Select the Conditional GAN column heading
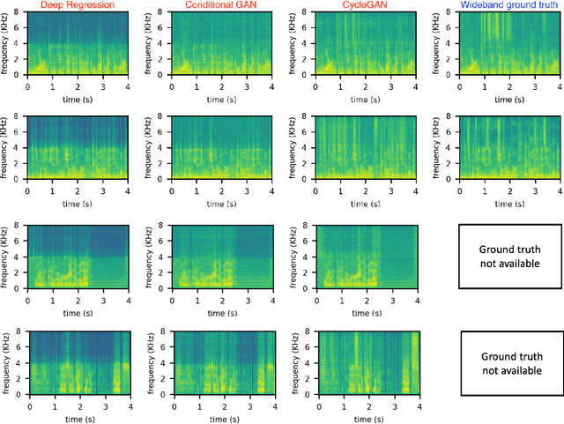point(220,6)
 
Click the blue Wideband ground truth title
point(508,6)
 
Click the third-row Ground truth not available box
point(508,257)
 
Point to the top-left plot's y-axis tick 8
point(21,12)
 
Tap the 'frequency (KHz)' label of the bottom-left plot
point(7,363)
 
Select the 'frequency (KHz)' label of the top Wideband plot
point(438,43)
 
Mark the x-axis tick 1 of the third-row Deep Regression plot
point(54,298)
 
